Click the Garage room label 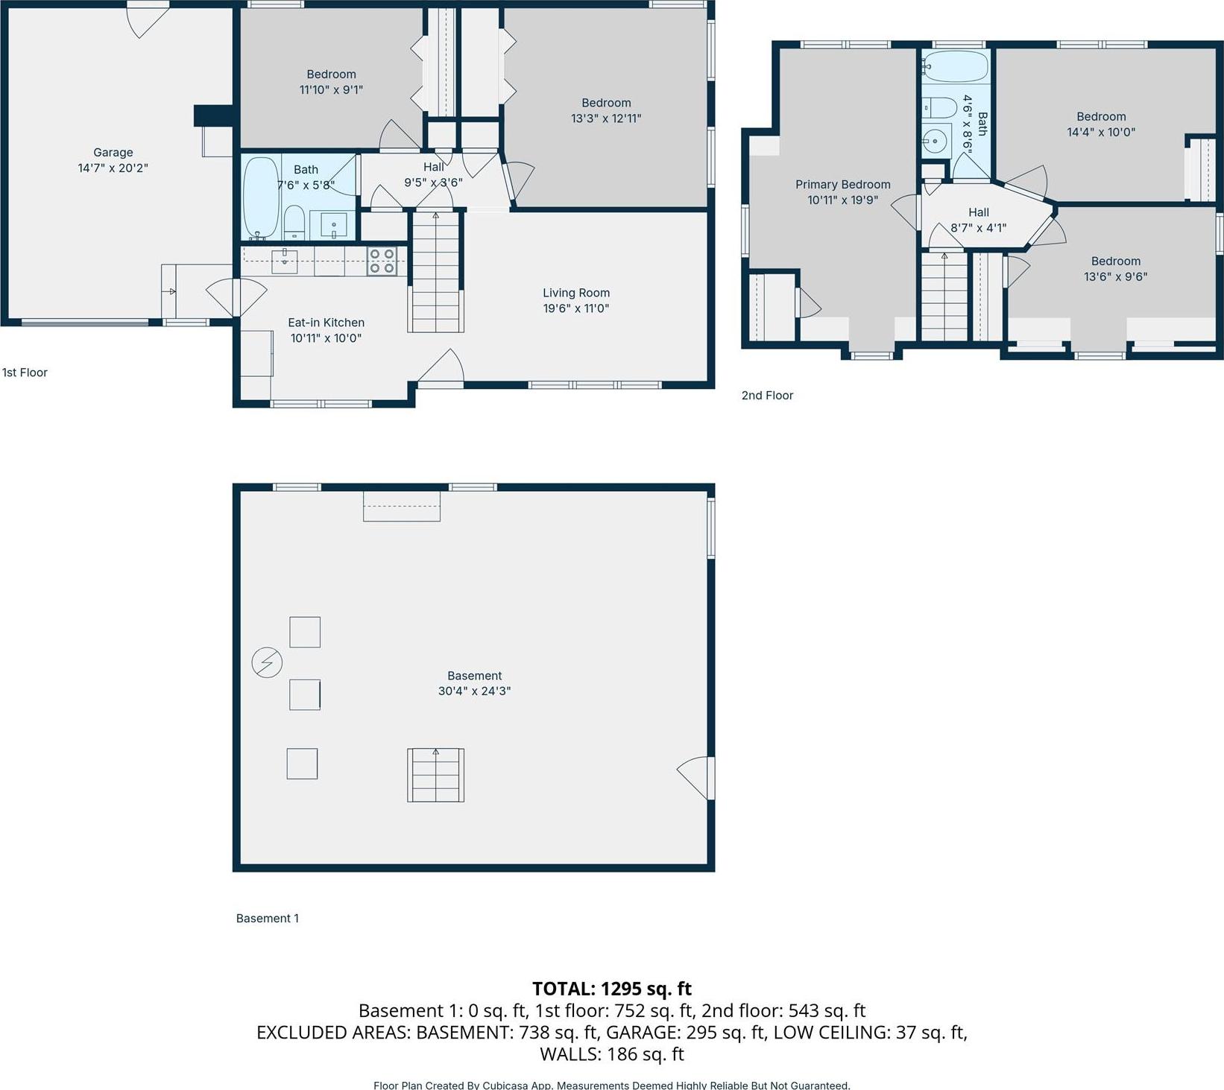tap(113, 152)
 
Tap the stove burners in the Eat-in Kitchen tap(382, 262)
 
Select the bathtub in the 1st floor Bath tap(260, 197)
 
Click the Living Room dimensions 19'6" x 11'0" tap(575, 308)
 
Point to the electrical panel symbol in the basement tap(267, 662)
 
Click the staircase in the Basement tap(435, 776)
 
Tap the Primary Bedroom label tap(842, 184)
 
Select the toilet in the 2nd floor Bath tap(940, 109)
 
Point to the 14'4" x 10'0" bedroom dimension tap(1101, 132)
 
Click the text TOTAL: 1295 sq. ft tap(611, 989)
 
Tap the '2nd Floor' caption tap(767, 396)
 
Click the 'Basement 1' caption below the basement tap(267, 919)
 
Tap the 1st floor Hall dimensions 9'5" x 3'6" tap(433, 182)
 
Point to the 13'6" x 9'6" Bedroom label tap(1115, 261)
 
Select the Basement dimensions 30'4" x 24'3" tap(474, 691)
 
